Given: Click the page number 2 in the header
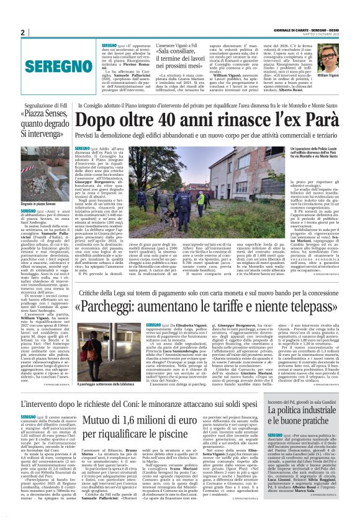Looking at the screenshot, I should [x=23, y=32].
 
